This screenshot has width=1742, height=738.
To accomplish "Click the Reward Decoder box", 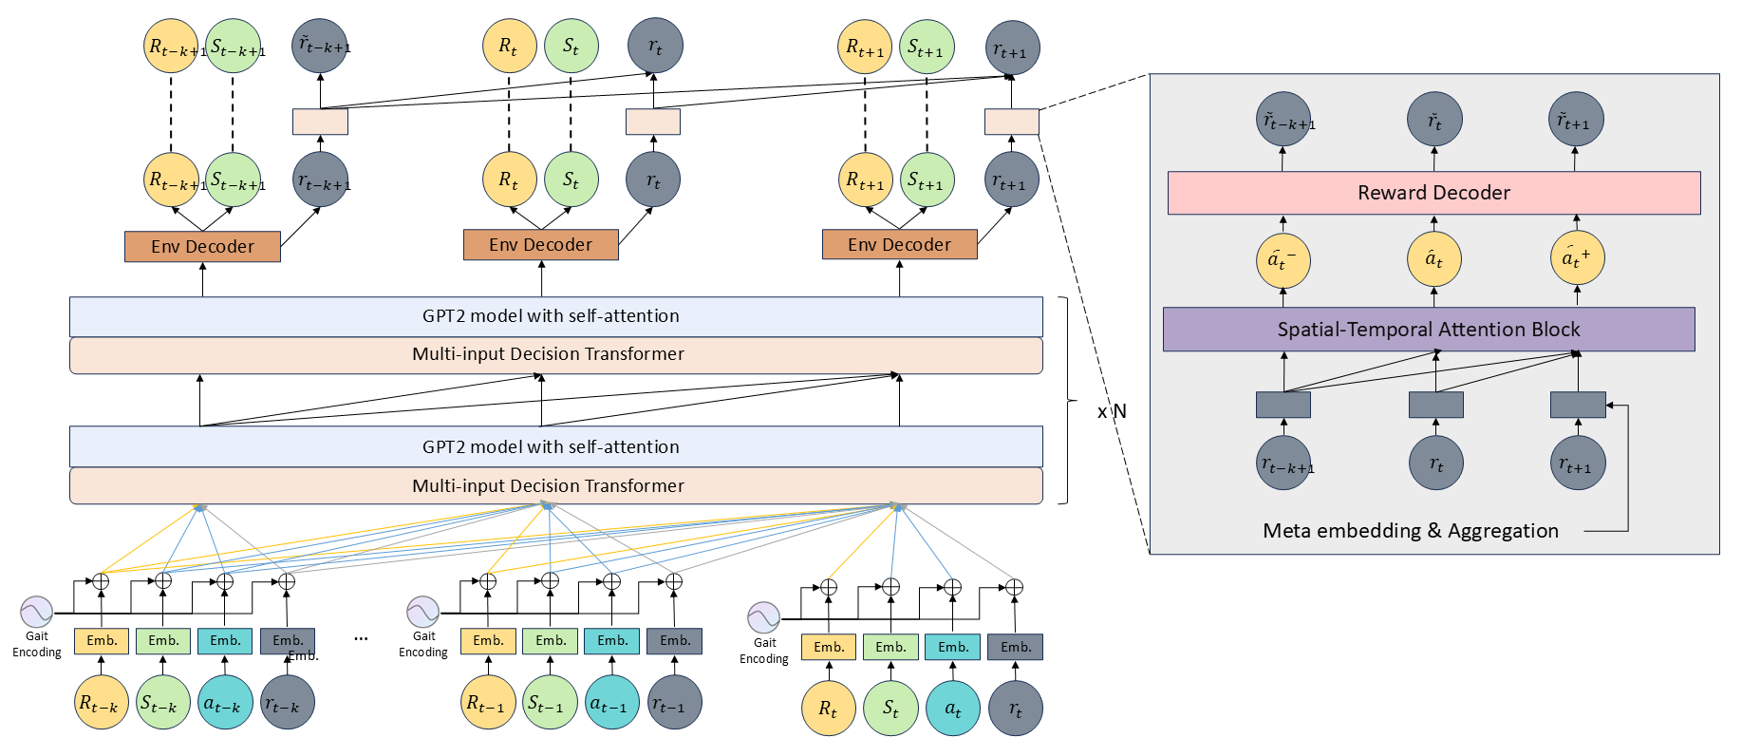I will pos(1433,193).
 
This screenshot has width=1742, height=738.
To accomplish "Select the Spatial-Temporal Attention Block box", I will pos(1429,330).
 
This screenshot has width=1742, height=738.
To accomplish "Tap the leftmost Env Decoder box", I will pos(202,247).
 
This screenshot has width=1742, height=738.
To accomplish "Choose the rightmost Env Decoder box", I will pos(899,245).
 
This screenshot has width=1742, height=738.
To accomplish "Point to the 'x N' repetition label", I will pos(1112,411).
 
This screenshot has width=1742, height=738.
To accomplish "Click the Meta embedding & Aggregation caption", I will pos(1410,531).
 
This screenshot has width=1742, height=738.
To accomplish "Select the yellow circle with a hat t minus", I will pos(1283,259).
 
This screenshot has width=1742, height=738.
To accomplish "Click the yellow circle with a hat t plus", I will pos(1577,257).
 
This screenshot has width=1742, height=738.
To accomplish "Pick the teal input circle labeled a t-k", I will pos(225,703).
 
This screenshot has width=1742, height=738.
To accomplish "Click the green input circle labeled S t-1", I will pos(550,703).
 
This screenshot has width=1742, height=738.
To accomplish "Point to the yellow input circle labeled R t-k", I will pos(102,703).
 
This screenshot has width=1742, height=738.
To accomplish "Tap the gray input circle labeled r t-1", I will pos(674,703).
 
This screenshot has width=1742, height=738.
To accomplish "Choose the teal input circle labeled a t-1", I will pos(611,703).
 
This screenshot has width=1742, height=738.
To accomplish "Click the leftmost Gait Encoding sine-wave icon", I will pos(37,612).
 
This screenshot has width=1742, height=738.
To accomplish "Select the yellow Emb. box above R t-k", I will pos(102,641).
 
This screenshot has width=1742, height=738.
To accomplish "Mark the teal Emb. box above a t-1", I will pos(612,641).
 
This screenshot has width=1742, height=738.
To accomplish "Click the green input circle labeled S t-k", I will pos(163,703).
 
